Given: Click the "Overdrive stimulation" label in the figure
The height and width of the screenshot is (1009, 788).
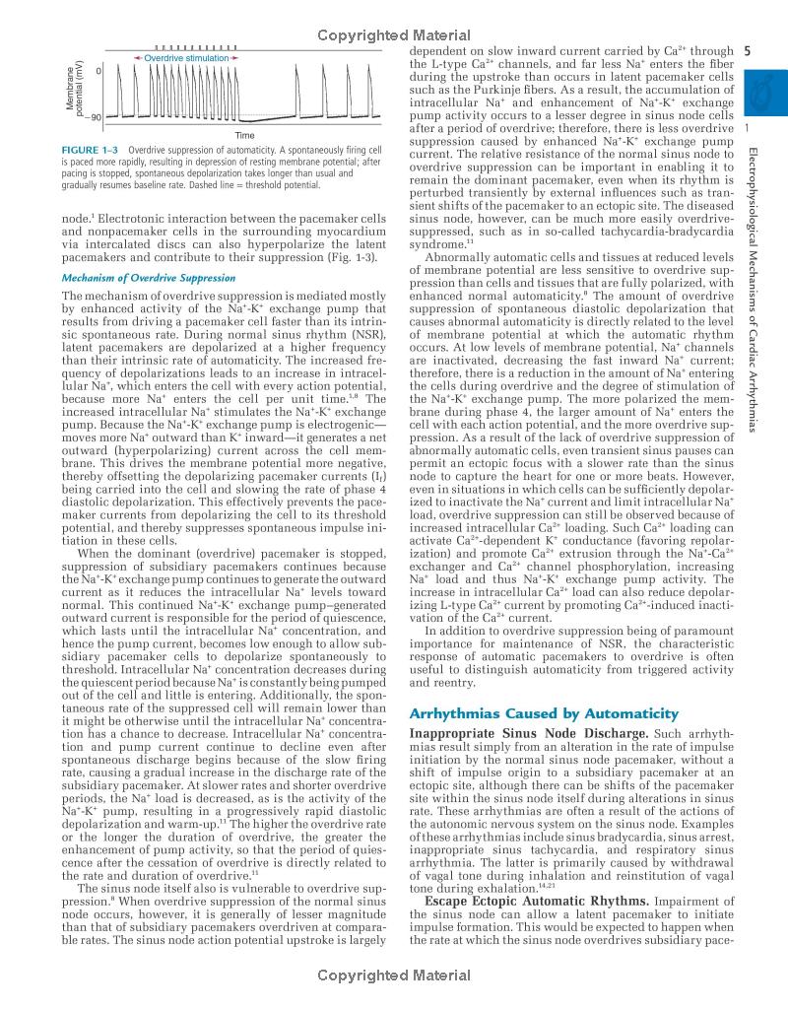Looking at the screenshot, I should pos(186,59).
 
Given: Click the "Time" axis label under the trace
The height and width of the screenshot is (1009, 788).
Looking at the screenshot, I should pos(245,135).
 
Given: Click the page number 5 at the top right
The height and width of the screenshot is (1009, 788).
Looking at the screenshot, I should pos(749,51).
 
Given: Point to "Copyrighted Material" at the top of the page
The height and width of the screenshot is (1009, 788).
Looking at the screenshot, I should pos(394,36).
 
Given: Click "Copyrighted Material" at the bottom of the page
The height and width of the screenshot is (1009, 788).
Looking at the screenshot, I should pos(394,975).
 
